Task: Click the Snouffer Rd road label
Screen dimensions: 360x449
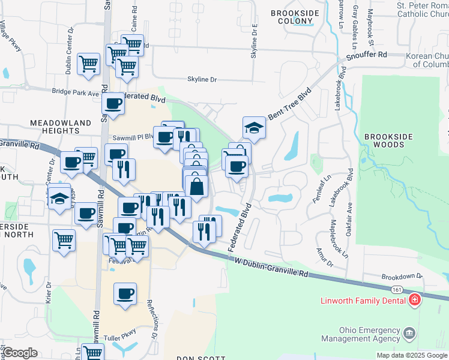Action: (367, 55)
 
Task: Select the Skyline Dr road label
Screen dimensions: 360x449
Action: (202, 79)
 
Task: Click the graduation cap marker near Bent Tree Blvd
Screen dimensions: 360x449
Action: (254, 128)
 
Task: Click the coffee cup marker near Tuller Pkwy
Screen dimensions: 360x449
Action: (125, 294)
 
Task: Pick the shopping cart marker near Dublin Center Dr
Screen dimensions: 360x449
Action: (88, 63)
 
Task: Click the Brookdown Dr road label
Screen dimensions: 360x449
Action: (402, 277)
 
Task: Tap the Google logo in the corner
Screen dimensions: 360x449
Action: (20, 353)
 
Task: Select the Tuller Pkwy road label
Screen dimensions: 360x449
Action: (118, 338)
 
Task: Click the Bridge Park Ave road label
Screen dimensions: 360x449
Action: (75, 93)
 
